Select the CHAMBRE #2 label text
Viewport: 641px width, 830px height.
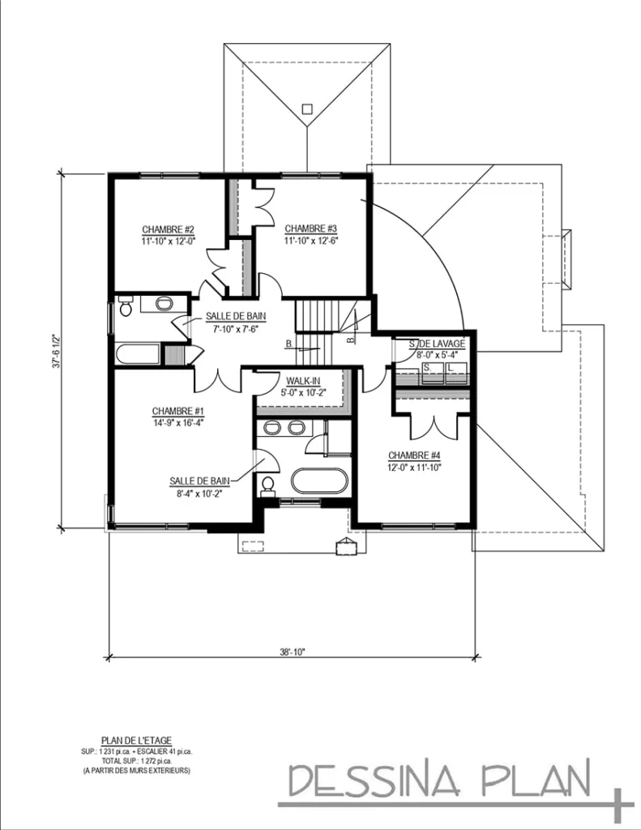(x=168, y=229)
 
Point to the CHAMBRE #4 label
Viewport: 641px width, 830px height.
(x=414, y=455)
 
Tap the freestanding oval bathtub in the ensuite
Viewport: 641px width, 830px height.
(x=319, y=481)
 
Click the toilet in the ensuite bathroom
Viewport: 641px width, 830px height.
(x=267, y=486)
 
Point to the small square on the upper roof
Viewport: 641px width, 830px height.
(x=307, y=108)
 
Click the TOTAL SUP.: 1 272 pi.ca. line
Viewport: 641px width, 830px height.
(x=136, y=759)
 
